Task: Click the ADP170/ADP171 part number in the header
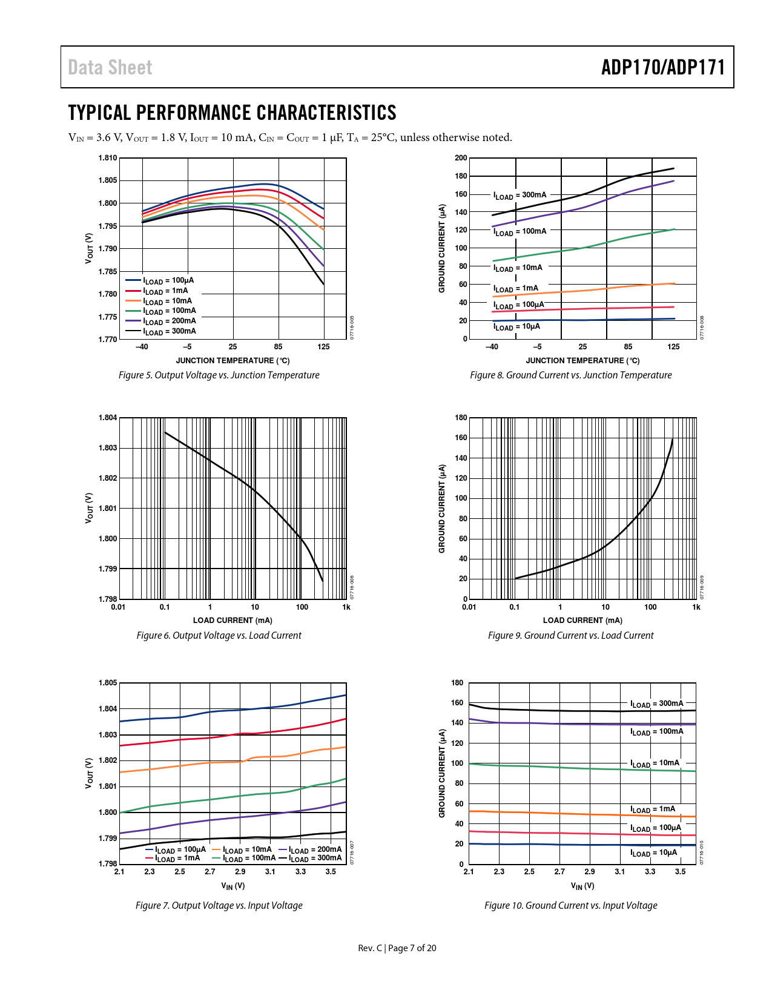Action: (662, 67)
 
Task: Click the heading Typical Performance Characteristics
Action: (232, 113)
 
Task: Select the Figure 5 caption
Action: (219, 375)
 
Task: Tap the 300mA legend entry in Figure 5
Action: (170, 331)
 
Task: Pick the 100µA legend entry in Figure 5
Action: (168, 281)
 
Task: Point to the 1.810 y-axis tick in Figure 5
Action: (108, 158)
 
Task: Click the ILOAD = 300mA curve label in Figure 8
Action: (520, 195)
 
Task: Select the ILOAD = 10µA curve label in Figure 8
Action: (516, 327)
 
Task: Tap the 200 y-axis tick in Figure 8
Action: (461, 158)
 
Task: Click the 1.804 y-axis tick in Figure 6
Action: (108, 418)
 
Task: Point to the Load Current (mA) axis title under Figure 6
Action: (233, 620)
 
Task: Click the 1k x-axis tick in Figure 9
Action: (696, 607)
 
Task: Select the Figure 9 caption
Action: (570, 636)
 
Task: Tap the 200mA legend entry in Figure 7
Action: (315, 849)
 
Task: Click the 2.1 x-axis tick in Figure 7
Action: (119, 872)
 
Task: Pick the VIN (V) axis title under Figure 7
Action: (233, 886)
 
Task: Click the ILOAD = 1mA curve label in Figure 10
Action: (653, 809)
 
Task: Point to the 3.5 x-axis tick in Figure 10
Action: (681, 872)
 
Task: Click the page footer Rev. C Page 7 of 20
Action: (397, 948)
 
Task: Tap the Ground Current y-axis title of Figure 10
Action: (442, 773)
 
